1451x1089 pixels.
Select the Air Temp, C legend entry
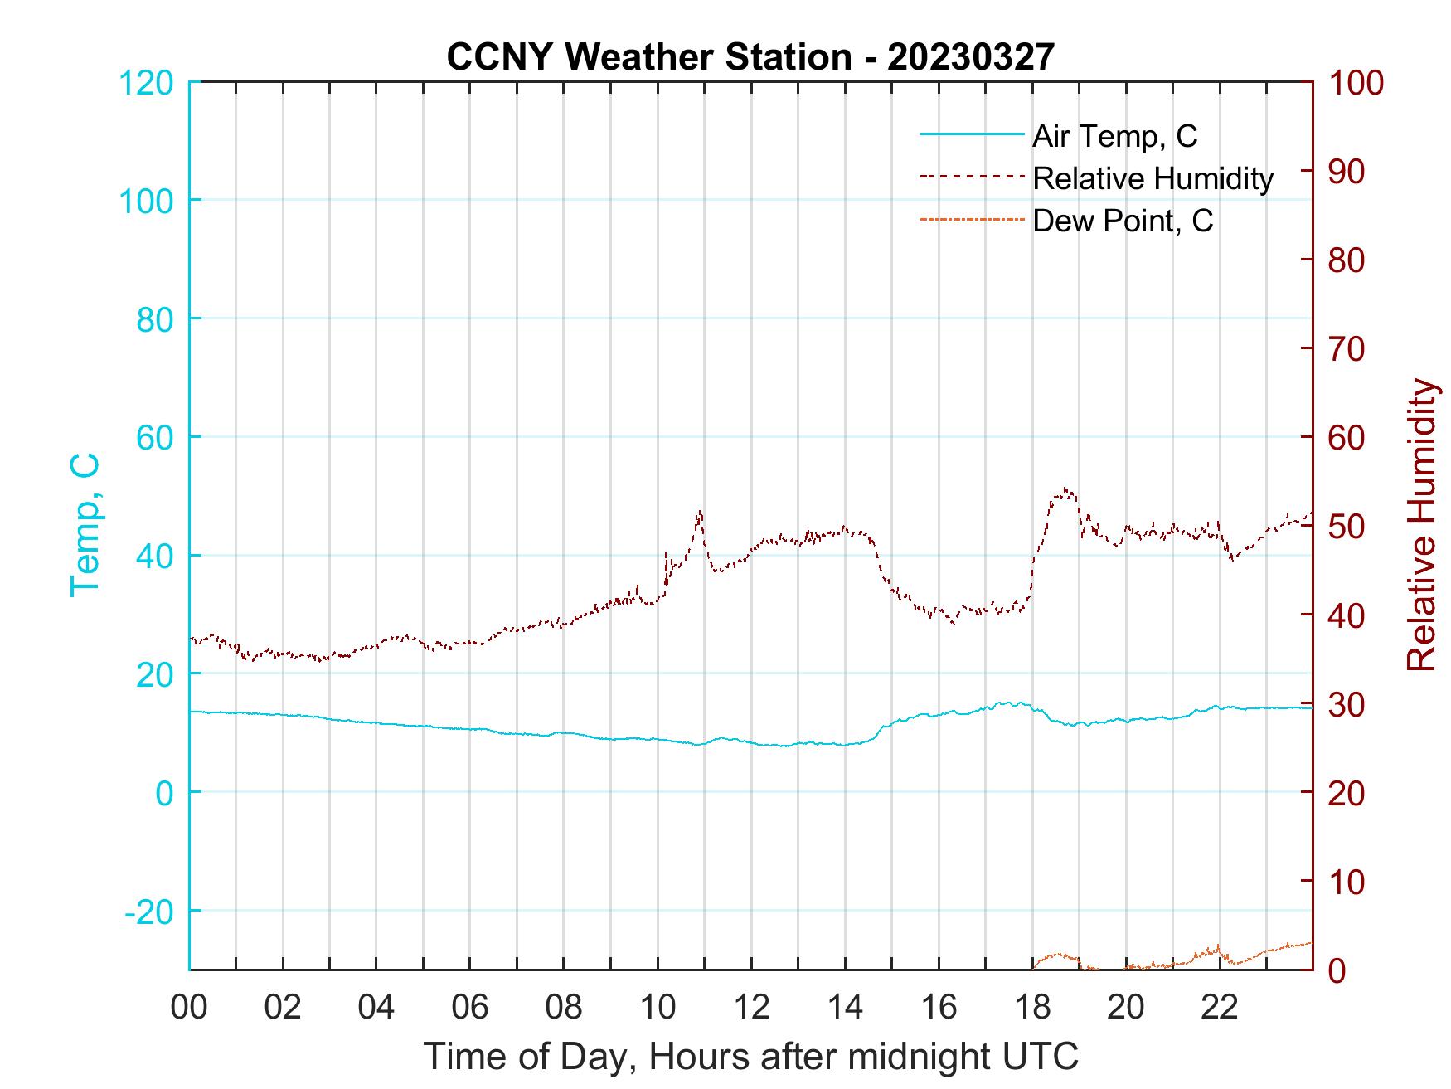coord(1114,135)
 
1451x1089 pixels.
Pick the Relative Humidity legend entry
coord(1153,178)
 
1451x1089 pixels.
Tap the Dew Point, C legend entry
coord(1122,221)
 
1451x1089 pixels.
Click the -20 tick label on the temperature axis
coord(149,912)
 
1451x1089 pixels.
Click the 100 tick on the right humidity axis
coord(1356,83)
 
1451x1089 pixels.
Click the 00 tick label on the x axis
coord(189,1008)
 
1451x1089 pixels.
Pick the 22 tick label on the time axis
coord(1220,1008)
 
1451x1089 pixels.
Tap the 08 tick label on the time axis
coord(564,1008)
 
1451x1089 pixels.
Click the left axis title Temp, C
coord(85,524)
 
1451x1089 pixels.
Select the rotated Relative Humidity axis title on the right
coord(1421,524)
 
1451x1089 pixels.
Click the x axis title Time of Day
coord(751,1057)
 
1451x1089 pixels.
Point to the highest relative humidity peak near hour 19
coord(1065,489)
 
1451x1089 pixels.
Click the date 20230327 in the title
coord(970,57)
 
